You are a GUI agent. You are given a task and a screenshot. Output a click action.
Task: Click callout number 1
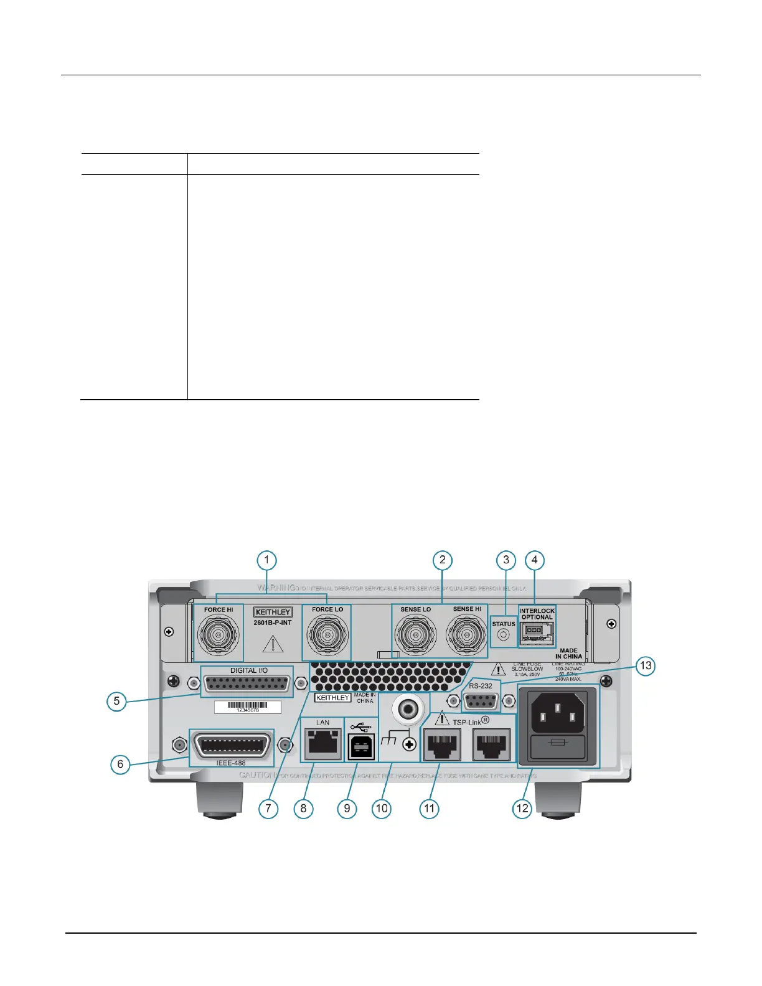[x=266, y=560]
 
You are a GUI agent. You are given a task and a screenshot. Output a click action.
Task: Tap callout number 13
[x=646, y=665]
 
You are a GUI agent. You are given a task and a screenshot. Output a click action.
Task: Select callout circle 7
[x=268, y=808]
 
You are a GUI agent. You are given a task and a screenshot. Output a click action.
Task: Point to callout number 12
[x=522, y=808]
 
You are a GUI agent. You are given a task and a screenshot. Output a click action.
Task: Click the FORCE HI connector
[x=218, y=635]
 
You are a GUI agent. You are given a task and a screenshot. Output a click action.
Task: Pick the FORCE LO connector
[x=326, y=636]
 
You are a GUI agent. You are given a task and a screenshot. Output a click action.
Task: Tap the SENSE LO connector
[x=415, y=636]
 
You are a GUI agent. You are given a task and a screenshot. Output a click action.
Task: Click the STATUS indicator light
[x=504, y=635]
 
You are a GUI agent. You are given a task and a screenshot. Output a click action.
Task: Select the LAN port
[x=322, y=743]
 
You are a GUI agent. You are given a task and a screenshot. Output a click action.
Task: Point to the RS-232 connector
[x=481, y=701]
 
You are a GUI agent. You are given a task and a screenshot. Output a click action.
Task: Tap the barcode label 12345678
[x=248, y=707]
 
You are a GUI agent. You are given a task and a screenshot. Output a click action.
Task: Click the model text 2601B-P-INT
[x=272, y=622]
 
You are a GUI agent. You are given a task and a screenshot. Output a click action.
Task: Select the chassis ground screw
[x=409, y=744]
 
